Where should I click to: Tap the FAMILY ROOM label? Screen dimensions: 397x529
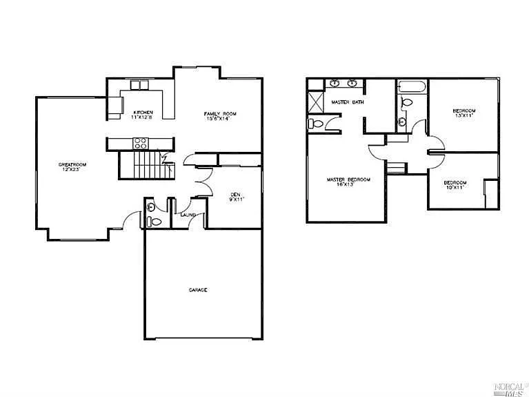[x=220, y=113]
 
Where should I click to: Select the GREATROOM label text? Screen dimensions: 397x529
[x=71, y=164]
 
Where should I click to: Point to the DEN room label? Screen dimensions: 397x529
[x=234, y=195]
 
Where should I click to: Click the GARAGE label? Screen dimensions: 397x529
[x=198, y=290]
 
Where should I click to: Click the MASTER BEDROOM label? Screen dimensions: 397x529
[x=348, y=180]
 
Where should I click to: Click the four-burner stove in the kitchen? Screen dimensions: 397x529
[x=140, y=144]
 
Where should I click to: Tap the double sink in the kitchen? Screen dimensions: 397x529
[x=140, y=85]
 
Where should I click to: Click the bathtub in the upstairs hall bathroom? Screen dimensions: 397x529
[x=412, y=88]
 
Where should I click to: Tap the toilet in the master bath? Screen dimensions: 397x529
[x=315, y=124]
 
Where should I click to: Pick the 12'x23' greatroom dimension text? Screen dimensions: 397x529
[x=71, y=169]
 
